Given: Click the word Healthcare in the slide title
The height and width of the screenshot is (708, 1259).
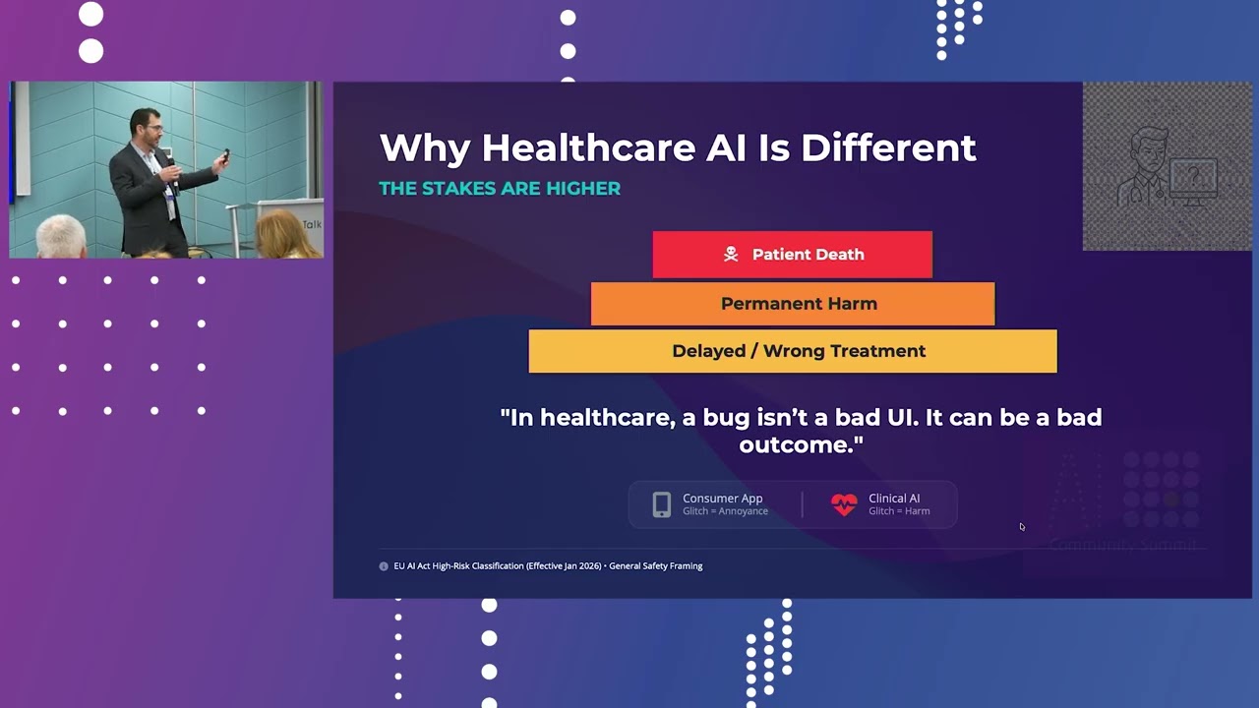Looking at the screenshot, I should tap(588, 148).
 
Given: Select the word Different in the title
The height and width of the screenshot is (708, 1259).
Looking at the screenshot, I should tap(888, 148).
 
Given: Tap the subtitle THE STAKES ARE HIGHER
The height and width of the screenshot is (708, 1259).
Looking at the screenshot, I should tap(500, 189).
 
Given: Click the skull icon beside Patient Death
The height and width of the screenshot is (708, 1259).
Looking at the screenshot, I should tap(731, 255).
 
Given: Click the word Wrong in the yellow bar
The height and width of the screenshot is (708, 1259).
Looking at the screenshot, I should tap(794, 351).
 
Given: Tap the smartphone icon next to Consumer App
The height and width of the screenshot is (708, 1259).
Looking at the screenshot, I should tap(662, 504).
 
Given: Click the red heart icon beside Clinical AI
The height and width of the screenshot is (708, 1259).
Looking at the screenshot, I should tap(844, 504).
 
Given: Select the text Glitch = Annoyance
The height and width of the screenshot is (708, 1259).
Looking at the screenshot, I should tap(725, 511).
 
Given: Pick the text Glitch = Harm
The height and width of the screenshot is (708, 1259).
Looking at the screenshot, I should tap(899, 511).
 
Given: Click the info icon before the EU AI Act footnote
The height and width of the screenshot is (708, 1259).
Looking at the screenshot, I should tap(384, 566).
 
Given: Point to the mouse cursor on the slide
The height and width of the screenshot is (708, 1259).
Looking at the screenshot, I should tap(1022, 527).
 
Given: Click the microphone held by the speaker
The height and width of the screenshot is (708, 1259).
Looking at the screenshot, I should tap(170, 156).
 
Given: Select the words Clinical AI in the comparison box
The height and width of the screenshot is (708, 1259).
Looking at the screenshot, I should tap(894, 499).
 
